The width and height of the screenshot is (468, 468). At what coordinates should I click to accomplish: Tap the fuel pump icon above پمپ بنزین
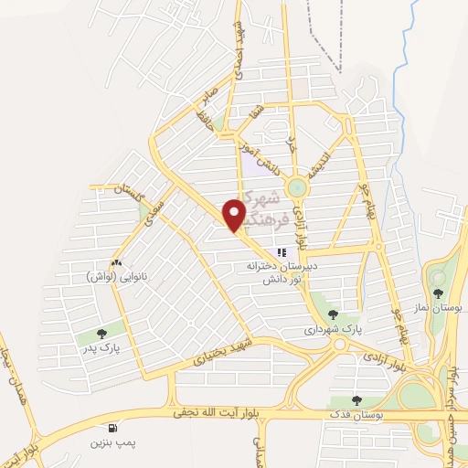112,427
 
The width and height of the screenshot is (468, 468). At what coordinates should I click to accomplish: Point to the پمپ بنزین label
112,442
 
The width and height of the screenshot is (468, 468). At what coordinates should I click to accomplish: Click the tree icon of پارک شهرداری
332,313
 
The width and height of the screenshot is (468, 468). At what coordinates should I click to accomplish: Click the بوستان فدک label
356,416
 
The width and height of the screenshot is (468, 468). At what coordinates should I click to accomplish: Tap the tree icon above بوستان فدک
356,400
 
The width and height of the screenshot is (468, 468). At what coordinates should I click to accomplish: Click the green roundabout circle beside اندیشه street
296,187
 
